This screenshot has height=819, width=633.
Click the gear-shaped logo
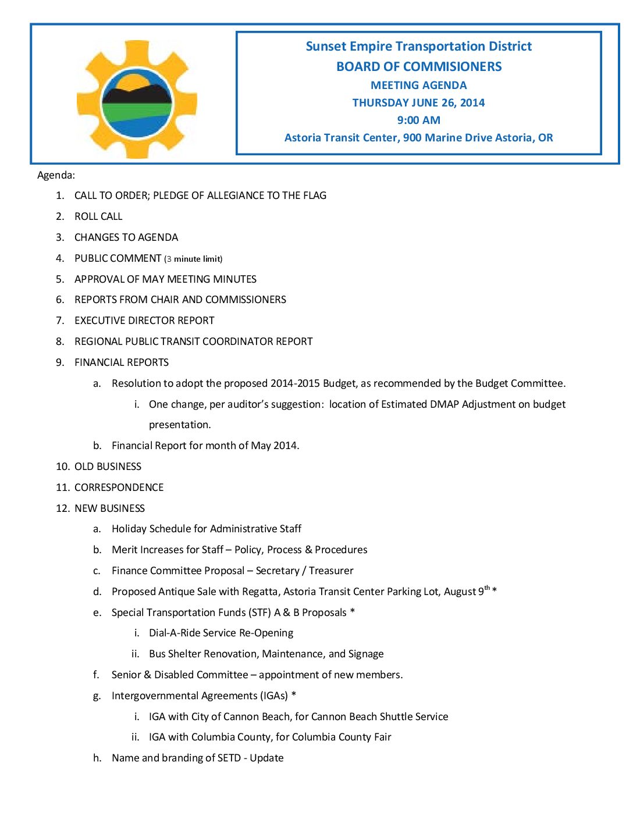[137, 99]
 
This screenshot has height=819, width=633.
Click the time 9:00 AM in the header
[418, 120]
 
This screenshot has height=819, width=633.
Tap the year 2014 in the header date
[472, 103]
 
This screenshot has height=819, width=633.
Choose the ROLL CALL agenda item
[98, 216]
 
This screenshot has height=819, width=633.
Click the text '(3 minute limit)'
[193, 259]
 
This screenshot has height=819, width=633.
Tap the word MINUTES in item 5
[236, 279]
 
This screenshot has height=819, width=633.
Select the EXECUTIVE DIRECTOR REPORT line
[144, 321]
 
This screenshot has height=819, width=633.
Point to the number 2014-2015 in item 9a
[295, 383]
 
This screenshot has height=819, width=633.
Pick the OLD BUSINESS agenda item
[108, 467]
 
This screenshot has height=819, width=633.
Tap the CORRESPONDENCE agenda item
[119, 487]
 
